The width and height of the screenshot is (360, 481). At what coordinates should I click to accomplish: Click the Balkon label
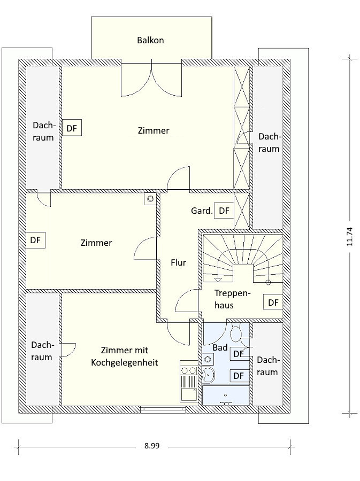coord(150,40)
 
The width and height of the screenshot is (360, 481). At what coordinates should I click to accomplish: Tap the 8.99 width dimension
coord(152,446)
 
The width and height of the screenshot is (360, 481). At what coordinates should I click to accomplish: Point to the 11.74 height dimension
coord(349,237)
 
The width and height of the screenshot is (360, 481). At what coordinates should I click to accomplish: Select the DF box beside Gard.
coord(224,211)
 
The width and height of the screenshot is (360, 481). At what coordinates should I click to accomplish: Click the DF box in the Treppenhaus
coord(273,302)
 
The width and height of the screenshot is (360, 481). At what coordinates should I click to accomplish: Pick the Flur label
coord(178,262)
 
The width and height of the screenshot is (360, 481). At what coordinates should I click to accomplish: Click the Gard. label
coord(202,211)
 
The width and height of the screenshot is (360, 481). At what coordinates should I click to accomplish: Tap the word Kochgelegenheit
coord(125,362)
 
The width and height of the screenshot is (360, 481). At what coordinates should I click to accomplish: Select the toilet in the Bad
coord(236,332)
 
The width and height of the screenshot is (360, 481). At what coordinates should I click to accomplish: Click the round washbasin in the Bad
coord(209,375)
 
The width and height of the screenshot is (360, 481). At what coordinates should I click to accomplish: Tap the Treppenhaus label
coord(232,299)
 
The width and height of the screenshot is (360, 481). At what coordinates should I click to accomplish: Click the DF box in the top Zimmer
coord(72,128)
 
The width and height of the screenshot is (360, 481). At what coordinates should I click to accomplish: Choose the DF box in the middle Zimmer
coord(36,240)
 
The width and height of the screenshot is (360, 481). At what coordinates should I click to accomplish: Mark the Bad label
coord(220,347)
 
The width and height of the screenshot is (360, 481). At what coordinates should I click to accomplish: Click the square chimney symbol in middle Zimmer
coord(150,199)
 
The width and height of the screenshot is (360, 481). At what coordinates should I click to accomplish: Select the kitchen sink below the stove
coord(188,394)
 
